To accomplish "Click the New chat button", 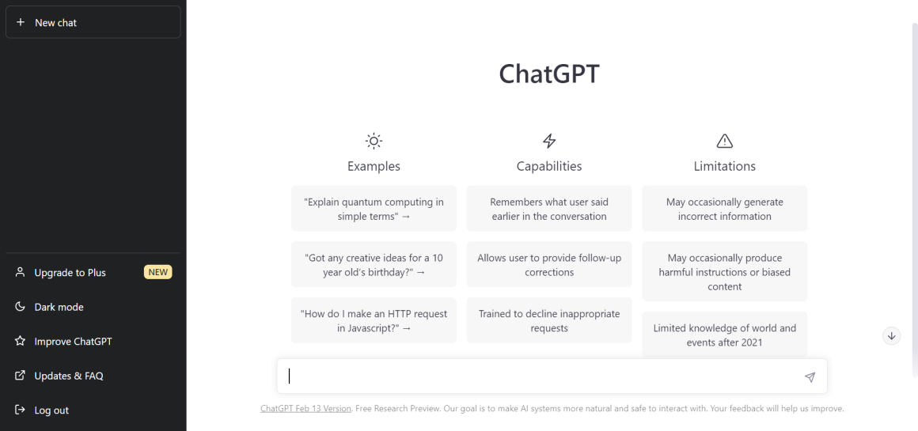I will click(93, 23).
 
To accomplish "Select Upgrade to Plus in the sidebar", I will click(70, 273).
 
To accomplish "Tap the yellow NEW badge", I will click(158, 273).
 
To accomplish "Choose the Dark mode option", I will click(59, 307).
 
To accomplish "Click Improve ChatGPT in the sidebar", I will click(73, 342).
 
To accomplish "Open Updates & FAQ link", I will click(68, 376).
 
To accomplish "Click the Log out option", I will click(51, 410).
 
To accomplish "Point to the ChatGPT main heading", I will click(548, 74).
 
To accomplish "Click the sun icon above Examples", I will click(374, 141).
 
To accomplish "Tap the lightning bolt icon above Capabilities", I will click(548, 141).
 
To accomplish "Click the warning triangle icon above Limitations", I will click(724, 141).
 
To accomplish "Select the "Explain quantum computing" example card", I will click(374, 209).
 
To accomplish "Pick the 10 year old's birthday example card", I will click(374, 264).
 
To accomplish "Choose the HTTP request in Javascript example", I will click(374, 320).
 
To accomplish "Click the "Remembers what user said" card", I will click(549, 209).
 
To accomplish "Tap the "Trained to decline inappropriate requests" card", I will click(549, 320).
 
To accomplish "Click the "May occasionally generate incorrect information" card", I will click(724, 209).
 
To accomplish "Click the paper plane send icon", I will click(810, 377).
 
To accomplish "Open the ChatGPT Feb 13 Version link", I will click(305, 409).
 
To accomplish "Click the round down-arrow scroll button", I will click(892, 336).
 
